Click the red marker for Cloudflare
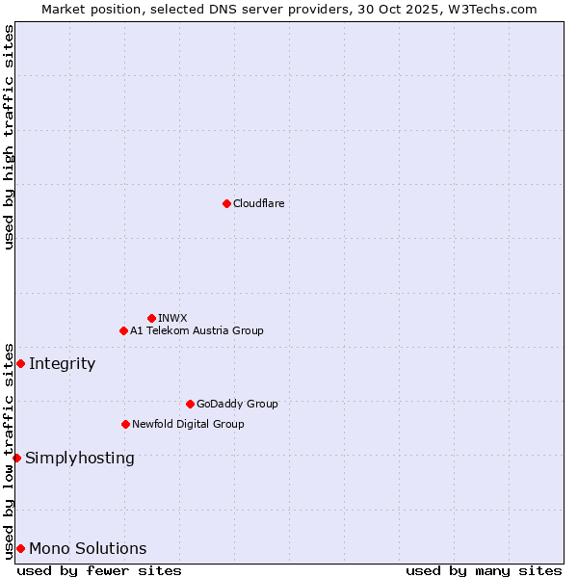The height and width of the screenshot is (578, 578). pos(226,203)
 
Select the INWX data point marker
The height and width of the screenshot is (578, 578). pos(151,318)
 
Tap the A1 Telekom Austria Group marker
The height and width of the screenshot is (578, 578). pos(123,330)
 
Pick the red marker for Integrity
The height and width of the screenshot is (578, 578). pos(20,363)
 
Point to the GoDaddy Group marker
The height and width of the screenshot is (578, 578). pos(190,404)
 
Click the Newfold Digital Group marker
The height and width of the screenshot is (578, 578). pos(125,424)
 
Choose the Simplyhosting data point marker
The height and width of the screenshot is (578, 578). pos(16,458)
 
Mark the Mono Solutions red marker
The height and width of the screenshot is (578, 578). pos(20,548)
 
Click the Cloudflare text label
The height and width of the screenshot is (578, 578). pos(258,203)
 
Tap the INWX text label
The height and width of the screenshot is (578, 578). pos(172,318)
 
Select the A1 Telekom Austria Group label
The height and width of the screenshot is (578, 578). pos(197,330)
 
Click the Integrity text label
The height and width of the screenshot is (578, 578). pos(62,363)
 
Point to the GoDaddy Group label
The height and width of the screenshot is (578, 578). pos(237,404)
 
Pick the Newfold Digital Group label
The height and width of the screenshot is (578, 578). pos(188,424)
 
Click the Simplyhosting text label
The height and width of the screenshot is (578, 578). pos(80,458)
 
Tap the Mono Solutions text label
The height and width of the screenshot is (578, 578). pos(88,548)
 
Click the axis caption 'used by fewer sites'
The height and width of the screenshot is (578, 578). pos(99,570)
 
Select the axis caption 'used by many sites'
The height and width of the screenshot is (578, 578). pos(484,570)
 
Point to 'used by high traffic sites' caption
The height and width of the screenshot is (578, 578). pos(9,137)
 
